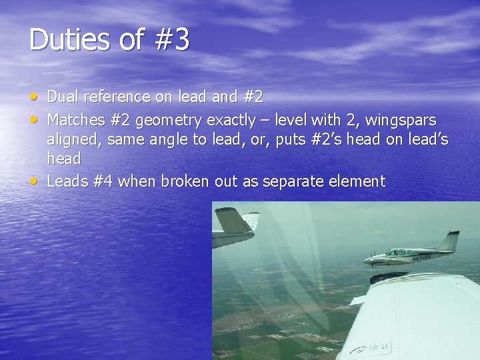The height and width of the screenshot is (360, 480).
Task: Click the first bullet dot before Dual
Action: [34, 95]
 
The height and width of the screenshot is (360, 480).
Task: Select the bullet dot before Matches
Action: [34, 119]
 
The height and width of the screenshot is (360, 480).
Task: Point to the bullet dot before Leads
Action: [34, 180]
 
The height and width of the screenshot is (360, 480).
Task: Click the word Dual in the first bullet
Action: [62, 97]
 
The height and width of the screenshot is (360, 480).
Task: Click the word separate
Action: [293, 182]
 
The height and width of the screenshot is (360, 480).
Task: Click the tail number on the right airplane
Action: [422, 257]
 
